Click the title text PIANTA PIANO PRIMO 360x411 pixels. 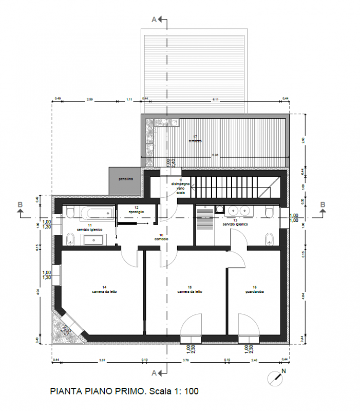pos(95,391)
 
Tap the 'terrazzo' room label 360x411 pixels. pos(195,140)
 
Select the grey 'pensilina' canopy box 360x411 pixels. pos(125,180)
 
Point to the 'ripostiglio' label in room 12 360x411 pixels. pos(136,212)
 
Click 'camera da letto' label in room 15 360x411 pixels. pos(190,291)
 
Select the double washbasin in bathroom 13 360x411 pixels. pos(239,211)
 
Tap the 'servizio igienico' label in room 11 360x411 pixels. pos(90,228)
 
